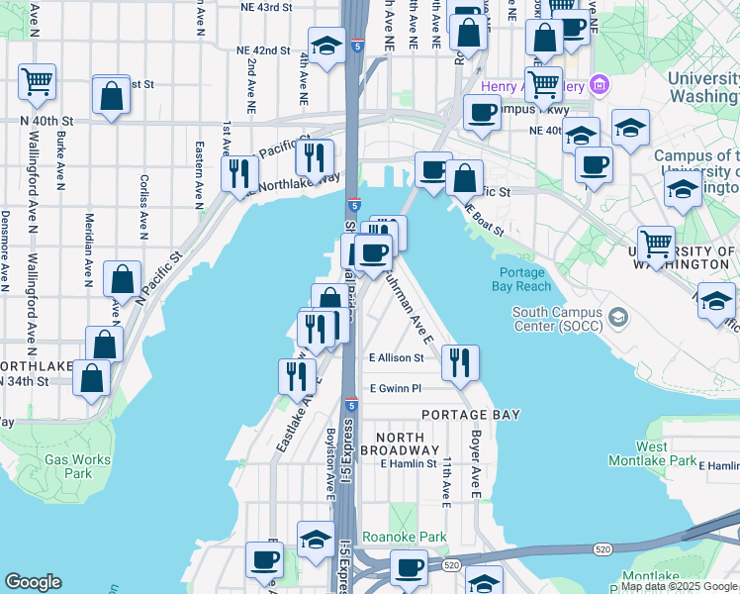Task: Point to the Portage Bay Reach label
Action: pyautogui.click(x=521, y=279)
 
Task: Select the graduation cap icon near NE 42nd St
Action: pyautogui.click(x=324, y=44)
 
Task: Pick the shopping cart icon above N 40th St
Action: pyautogui.click(x=37, y=81)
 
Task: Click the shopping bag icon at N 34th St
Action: pyautogui.click(x=92, y=378)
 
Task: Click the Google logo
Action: pyautogui.click(x=33, y=582)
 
